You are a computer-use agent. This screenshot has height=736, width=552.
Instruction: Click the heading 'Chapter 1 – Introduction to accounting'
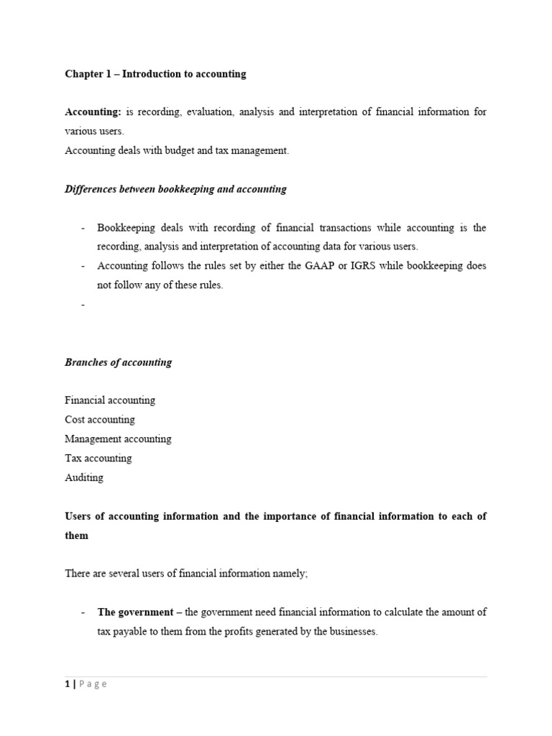coord(155,74)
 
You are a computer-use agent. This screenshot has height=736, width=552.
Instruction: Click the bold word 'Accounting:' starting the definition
coord(93,112)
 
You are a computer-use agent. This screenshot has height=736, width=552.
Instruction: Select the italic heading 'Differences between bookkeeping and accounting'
coord(175,189)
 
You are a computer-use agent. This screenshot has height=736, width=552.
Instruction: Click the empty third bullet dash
coord(83,305)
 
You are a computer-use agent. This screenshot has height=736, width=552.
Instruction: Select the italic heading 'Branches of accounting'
coord(118,362)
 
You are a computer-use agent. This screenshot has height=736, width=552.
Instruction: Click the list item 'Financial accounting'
coord(109,400)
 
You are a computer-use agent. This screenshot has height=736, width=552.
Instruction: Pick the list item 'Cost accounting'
coord(99,420)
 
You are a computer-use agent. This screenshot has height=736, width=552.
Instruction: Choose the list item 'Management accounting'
coord(118,439)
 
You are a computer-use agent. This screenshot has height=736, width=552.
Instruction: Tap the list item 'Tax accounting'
coord(98,459)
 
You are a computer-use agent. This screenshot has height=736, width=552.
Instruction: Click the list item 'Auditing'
coord(84,478)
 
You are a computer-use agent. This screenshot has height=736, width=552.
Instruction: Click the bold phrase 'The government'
coord(135,612)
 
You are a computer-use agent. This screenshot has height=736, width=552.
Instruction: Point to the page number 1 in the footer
coord(68,684)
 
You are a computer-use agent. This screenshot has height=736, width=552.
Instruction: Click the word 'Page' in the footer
coord(93,684)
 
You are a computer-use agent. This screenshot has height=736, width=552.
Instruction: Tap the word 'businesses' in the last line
coord(353,632)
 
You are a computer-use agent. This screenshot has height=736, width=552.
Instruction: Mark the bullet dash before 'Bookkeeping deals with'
coord(83,228)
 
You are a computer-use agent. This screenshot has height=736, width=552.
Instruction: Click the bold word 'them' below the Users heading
coord(76,535)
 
